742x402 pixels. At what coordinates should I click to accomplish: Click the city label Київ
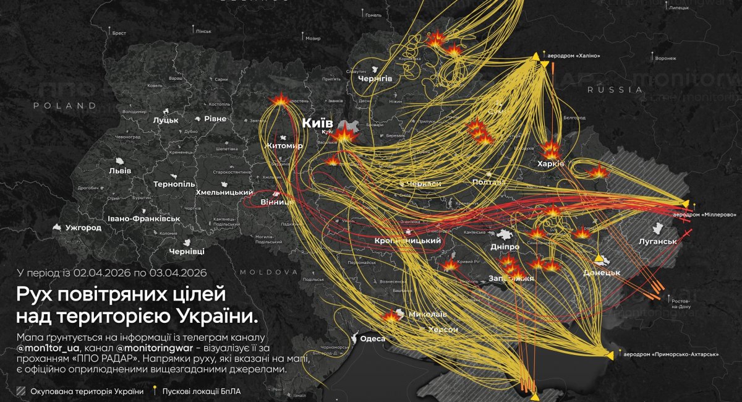(317, 123)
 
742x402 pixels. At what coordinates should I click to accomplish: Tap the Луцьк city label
(165, 120)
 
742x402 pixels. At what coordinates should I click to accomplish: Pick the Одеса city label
(372, 338)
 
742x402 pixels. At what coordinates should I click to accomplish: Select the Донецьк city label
(602, 272)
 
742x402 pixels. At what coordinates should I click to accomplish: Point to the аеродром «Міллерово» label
(704, 214)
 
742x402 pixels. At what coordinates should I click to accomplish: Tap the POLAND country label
(66, 106)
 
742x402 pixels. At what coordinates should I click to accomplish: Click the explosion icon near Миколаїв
(391, 316)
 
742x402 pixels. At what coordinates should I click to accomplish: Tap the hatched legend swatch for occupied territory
(22, 391)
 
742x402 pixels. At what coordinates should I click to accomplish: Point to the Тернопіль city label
(176, 185)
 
